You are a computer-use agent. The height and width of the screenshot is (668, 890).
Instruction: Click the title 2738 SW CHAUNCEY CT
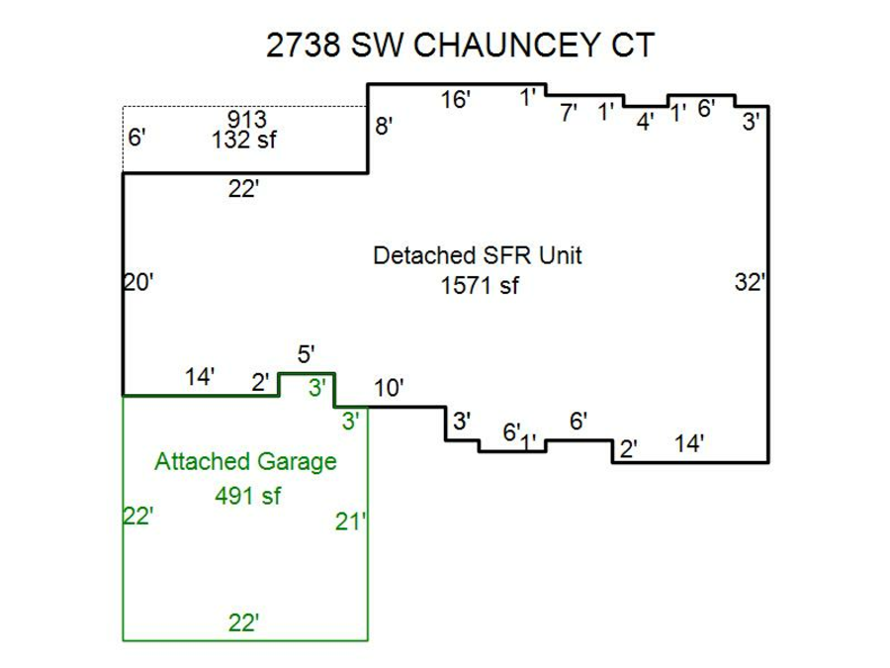coord(460,46)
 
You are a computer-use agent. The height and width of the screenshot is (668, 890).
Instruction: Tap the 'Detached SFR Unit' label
coord(477,255)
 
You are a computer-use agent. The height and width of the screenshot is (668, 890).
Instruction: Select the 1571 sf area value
coord(479,285)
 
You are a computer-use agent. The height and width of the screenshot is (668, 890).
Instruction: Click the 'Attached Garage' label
coord(245,461)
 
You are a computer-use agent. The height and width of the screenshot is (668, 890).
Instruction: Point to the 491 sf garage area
coord(247,496)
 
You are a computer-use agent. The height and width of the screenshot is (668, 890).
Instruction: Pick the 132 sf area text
coord(243,140)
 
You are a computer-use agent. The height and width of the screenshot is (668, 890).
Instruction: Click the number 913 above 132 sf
coord(246,120)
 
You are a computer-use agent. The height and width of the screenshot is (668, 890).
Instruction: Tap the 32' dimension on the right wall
coord(750,282)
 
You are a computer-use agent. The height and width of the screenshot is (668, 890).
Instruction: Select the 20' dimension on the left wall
coord(138,283)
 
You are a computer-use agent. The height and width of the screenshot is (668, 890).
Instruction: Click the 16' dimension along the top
coord(455,99)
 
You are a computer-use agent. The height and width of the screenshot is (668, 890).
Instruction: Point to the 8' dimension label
coord(384,127)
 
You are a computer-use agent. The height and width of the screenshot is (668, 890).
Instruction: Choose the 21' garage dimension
coord(350,522)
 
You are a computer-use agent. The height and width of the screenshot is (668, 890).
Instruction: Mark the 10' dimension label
coord(389,389)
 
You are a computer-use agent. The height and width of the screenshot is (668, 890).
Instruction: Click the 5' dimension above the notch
coord(306,354)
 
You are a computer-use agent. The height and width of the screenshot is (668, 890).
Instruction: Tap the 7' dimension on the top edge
coord(568,113)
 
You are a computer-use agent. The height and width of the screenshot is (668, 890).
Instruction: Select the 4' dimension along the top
coord(645,123)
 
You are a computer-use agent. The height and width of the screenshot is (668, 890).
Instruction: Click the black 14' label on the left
coord(200,377)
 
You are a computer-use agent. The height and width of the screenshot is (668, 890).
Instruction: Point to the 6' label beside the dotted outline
coord(136,137)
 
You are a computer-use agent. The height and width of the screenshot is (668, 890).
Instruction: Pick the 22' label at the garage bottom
coord(243,622)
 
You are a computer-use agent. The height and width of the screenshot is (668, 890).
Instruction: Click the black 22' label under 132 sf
coord(243,189)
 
